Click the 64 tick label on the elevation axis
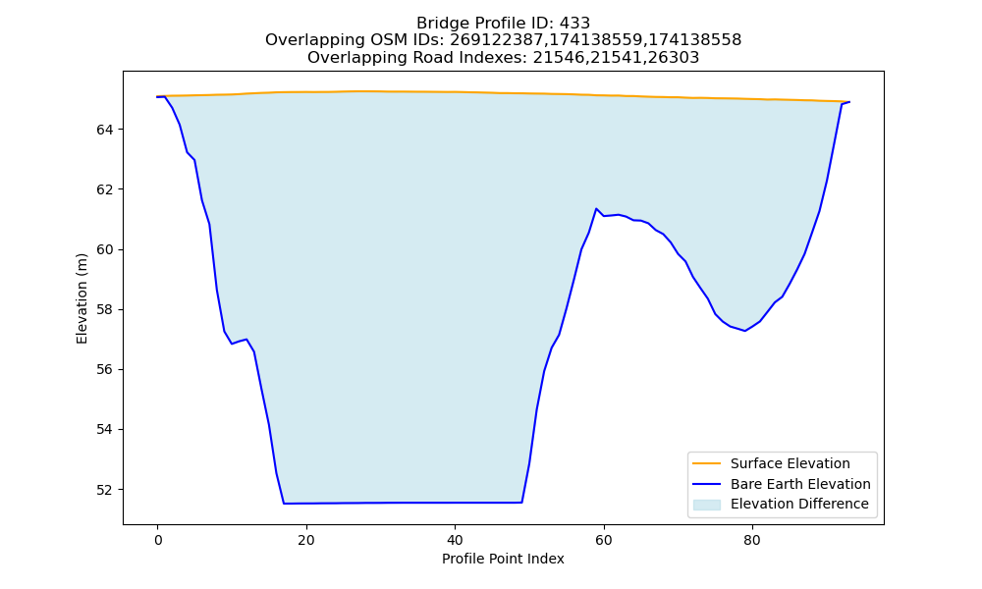click(105, 130)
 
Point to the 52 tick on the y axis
click(121, 490)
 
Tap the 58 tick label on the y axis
click(105, 310)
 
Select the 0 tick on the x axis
click(157, 527)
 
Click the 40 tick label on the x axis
click(455, 540)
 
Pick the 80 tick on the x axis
click(752, 527)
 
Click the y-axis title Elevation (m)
click(82, 298)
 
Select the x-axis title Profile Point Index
click(503, 559)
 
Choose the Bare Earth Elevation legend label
click(800, 484)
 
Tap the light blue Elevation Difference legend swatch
click(706, 505)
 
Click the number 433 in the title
click(574, 24)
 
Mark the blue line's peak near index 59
click(596, 208)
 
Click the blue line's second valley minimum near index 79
click(744, 331)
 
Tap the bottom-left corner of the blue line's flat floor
click(284, 504)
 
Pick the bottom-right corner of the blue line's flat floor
click(521, 502)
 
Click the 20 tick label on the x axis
click(306, 540)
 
